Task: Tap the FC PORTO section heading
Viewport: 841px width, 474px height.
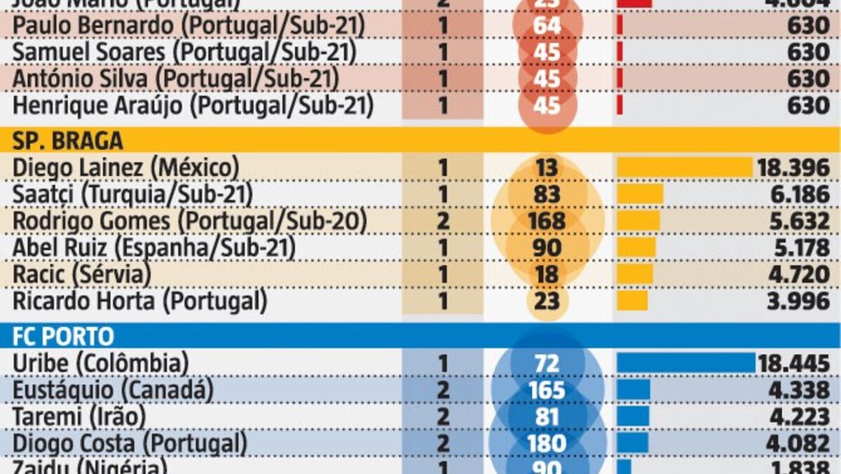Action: [x=62, y=337]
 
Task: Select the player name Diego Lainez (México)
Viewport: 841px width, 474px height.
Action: [x=126, y=168]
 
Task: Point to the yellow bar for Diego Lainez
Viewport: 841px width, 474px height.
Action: [x=684, y=168]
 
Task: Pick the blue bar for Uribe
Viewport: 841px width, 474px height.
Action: [x=686, y=363]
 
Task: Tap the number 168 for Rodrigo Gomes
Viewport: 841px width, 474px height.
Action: [x=547, y=221]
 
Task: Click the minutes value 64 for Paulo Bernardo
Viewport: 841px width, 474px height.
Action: [x=547, y=26]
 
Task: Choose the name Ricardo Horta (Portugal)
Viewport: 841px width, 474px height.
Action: [x=140, y=301]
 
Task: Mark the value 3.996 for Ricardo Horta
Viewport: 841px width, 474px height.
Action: [x=799, y=301]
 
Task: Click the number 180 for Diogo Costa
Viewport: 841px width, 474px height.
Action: [x=547, y=443]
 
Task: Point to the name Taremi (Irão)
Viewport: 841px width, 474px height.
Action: [x=79, y=417]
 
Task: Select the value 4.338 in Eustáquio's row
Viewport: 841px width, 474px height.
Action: [x=799, y=390]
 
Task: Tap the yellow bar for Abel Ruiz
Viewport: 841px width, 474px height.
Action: [x=636, y=248]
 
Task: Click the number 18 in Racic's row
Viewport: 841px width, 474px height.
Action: [x=547, y=274]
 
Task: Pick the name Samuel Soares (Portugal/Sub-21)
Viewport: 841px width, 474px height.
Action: [x=185, y=53]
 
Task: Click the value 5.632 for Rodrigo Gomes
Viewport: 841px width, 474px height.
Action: [x=799, y=221]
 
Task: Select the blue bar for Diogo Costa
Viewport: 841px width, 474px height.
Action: [x=633, y=443]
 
